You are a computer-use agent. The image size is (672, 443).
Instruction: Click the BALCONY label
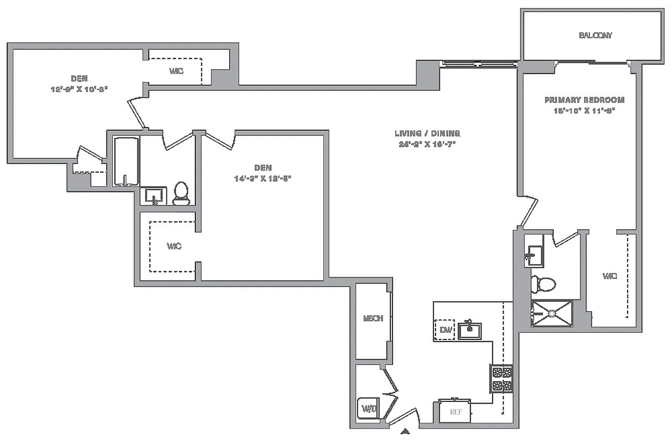[595, 35]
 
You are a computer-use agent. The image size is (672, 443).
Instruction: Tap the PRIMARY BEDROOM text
[585, 100]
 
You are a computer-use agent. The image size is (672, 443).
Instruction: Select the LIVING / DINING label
[427, 133]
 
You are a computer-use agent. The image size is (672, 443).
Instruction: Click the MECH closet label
[373, 318]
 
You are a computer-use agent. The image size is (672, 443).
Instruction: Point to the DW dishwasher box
[445, 330]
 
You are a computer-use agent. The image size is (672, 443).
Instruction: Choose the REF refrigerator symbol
[455, 411]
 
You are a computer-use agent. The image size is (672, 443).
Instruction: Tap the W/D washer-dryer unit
[369, 409]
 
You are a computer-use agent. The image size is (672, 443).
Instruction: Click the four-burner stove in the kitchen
[502, 379]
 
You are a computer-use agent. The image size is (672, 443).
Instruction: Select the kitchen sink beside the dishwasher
[469, 331]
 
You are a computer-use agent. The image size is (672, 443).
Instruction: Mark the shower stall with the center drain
[552, 313]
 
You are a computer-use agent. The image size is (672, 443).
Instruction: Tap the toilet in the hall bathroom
[182, 193]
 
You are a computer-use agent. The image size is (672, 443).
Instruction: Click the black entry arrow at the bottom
[405, 431]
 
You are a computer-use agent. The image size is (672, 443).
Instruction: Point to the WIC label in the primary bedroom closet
[609, 276]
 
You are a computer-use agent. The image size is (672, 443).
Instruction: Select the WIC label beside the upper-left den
[176, 71]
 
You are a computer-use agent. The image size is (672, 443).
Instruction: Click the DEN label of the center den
[262, 168]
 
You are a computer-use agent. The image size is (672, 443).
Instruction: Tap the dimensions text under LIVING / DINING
[427, 143]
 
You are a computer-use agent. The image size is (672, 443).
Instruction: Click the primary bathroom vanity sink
[534, 255]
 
